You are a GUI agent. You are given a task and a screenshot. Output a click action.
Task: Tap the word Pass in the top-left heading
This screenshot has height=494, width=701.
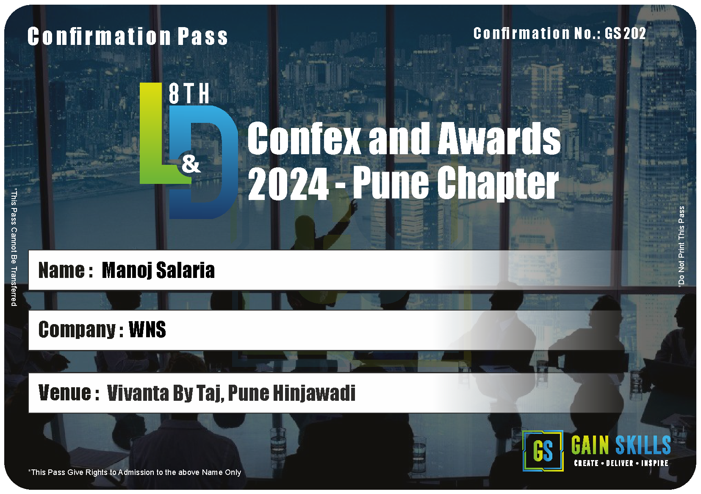pos(202,36)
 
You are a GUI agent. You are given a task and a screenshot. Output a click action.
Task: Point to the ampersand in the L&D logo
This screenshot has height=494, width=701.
pos(191,164)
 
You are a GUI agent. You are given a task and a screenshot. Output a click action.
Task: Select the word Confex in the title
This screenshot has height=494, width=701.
pos(304,138)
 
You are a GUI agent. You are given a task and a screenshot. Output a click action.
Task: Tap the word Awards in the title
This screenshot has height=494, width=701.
pos(499,138)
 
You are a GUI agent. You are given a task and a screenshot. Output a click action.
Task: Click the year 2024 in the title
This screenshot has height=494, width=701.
pos(288,183)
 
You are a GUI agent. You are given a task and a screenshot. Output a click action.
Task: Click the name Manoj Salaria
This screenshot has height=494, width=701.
pos(158,270)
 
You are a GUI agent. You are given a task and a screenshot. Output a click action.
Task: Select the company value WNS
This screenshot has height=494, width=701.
pos(147,329)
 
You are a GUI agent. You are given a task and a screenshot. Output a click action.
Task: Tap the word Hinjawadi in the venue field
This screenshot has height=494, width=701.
pos(314,393)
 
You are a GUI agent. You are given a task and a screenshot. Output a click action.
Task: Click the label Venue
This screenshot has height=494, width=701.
pos(64,393)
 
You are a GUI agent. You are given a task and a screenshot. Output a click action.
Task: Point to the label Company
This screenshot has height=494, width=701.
pos(77,330)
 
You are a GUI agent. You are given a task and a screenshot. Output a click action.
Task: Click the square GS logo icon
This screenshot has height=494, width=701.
pos(543,451)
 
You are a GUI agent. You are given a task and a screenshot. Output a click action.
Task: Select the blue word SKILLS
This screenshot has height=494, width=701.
pos(643,445)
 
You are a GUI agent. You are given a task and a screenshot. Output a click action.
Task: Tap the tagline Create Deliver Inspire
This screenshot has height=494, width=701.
pos(621,463)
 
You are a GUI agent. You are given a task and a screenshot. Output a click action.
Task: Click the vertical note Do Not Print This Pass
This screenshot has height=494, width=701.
pos(681,246)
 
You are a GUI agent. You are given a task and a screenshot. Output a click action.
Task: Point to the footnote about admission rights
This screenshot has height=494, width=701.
pos(135,472)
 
